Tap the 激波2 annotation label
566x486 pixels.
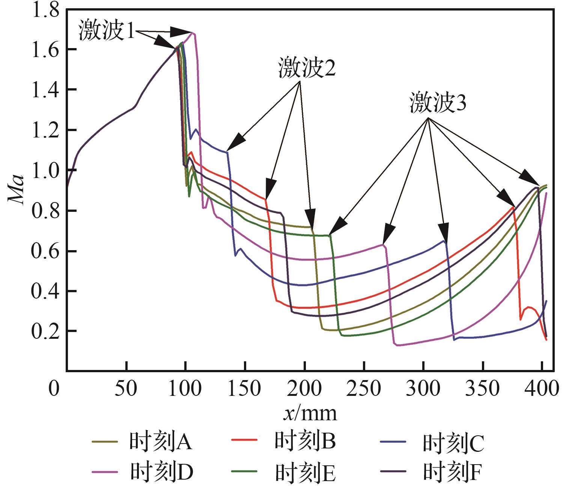click(307, 69)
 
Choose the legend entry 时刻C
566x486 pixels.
click(453, 443)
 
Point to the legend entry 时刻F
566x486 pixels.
click(452, 472)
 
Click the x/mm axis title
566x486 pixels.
click(310, 414)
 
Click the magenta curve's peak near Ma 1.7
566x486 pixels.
click(193, 33)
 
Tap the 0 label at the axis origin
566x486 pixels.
click(54, 389)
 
